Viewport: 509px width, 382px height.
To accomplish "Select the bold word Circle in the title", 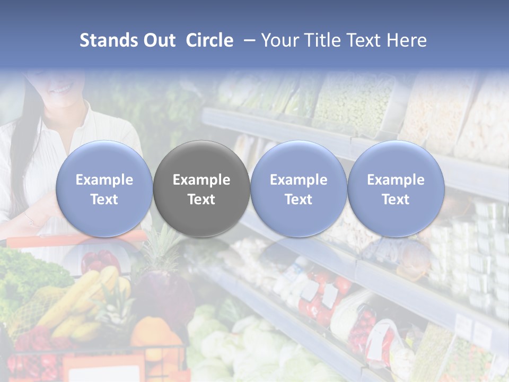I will point(209,40).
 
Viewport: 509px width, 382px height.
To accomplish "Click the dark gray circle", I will point(201,189).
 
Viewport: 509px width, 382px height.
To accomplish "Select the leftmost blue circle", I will point(104,189).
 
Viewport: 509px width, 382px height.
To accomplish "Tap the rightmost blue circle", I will point(396,189).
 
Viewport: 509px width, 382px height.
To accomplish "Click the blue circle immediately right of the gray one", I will point(299,189).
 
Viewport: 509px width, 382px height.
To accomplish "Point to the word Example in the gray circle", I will point(201,180).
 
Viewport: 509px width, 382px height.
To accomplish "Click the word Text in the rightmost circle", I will point(396,199).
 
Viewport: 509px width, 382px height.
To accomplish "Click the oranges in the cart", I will point(151,334).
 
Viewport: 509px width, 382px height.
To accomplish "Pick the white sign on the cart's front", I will point(103,371).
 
